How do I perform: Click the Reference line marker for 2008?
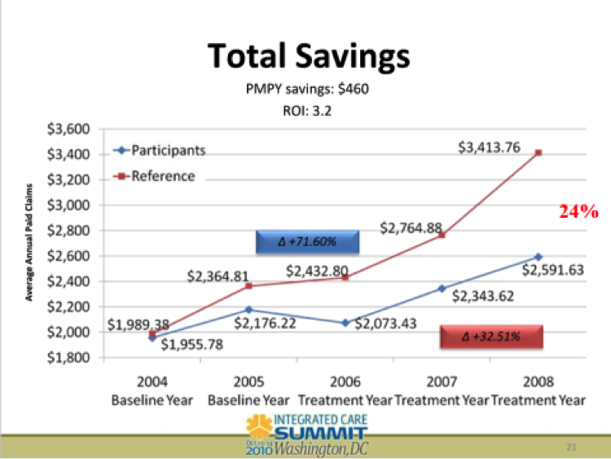point(538,152)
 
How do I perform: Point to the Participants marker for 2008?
point(538,257)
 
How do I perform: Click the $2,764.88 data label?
point(411,227)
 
